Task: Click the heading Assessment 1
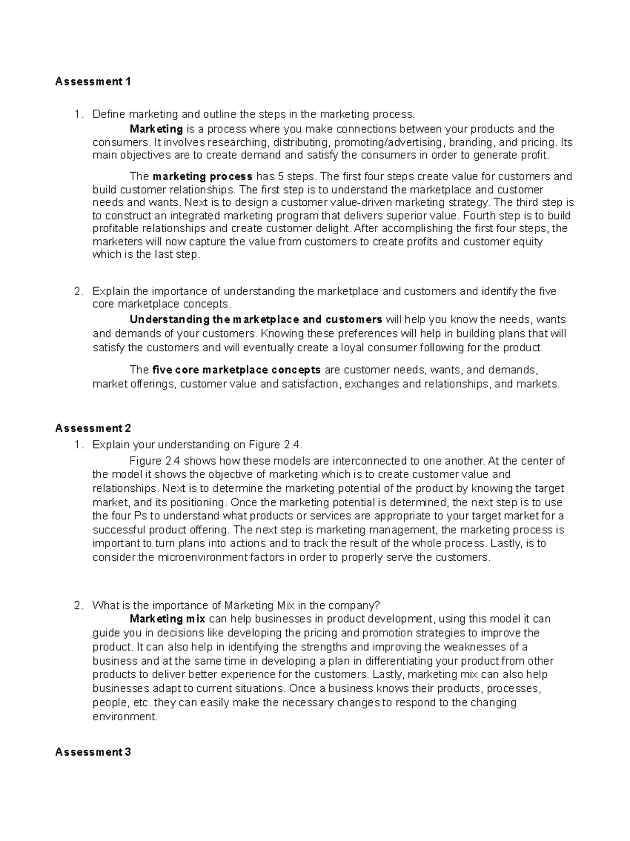(93, 82)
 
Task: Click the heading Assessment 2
(93, 428)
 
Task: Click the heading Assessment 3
(93, 752)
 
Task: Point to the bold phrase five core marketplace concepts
(237, 370)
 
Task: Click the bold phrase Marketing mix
(167, 619)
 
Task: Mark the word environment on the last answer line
(124, 717)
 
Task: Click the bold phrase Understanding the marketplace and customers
(256, 320)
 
